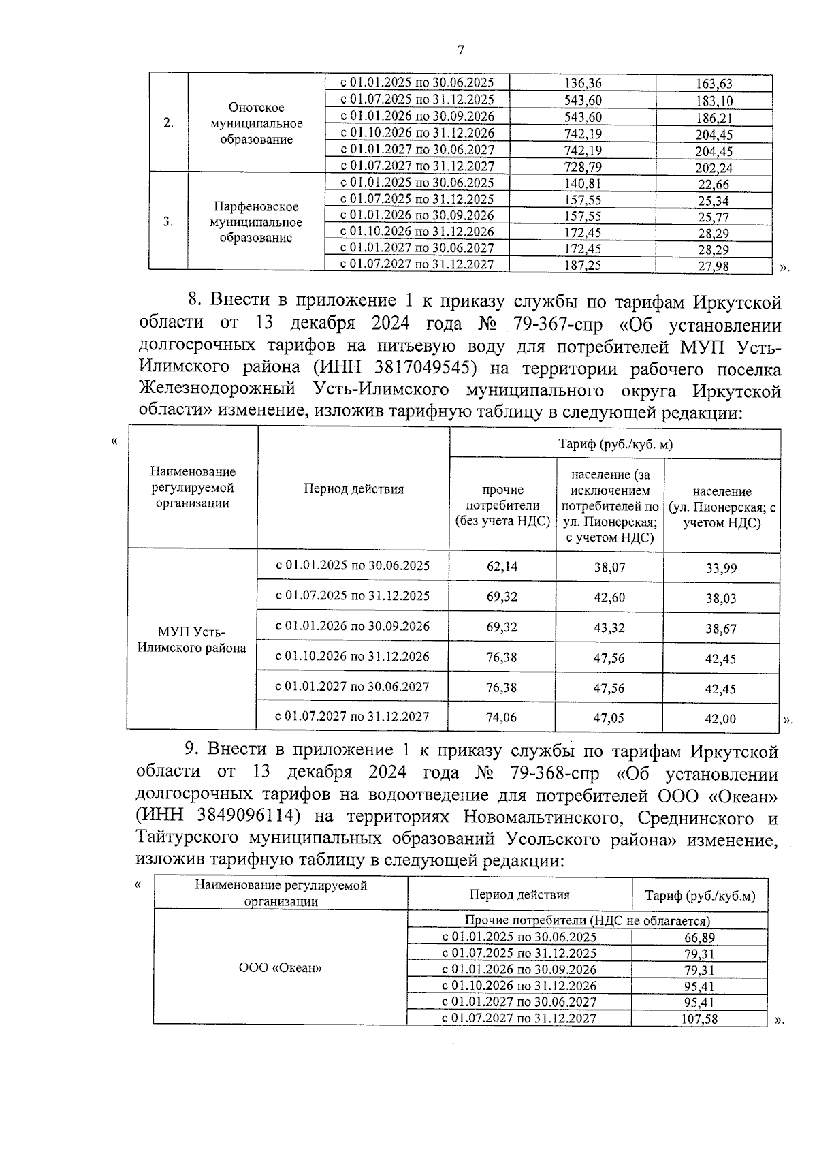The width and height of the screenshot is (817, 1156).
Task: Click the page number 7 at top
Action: (x=461, y=50)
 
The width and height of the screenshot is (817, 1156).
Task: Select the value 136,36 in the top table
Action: (x=583, y=83)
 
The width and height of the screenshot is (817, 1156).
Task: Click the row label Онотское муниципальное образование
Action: (x=256, y=123)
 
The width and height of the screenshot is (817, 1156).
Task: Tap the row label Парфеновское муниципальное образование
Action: (x=256, y=222)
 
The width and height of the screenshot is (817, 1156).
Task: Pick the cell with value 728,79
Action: (x=583, y=167)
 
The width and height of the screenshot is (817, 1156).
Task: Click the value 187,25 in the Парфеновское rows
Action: (x=583, y=266)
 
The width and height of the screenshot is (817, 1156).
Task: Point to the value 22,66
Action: (x=713, y=184)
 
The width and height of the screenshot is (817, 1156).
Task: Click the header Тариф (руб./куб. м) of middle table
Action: (x=615, y=444)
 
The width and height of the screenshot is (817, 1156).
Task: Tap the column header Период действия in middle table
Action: (x=353, y=488)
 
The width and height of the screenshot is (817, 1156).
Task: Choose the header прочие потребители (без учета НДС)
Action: (x=502, y=506)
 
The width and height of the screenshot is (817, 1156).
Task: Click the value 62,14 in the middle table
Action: (x=502, y=566)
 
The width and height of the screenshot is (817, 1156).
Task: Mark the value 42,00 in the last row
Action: (x=720, y=719)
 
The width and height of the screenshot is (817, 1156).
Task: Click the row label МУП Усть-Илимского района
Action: (x=192, y=640)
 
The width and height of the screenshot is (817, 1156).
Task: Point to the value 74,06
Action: (x=502, y=717)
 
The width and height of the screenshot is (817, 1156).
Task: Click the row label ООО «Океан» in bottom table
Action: (x=281, y=968)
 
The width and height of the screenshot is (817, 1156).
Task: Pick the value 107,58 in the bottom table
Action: (x=699, y=1020)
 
